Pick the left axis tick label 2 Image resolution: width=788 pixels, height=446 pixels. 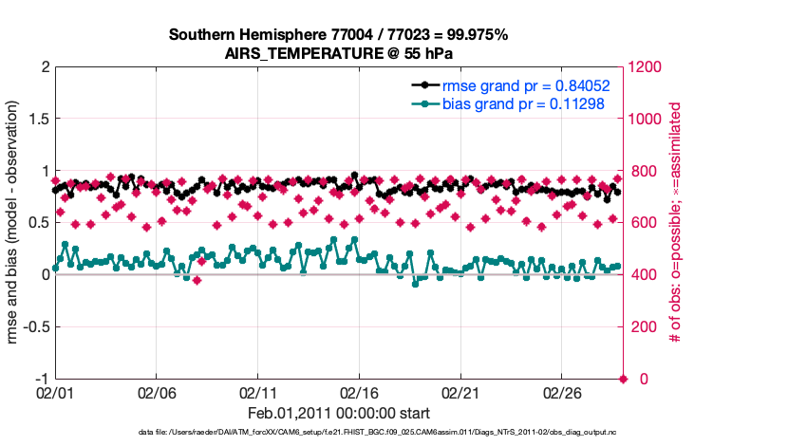[44, 67]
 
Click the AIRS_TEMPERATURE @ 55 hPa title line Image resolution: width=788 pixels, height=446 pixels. [339, 53]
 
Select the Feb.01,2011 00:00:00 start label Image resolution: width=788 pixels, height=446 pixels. [339, 413]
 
